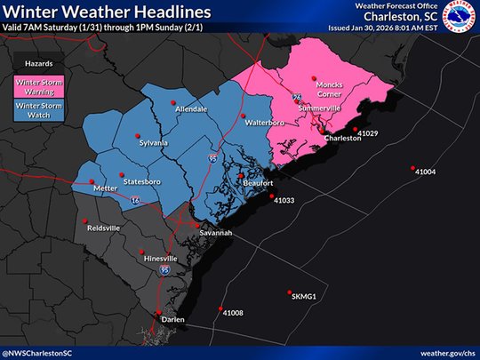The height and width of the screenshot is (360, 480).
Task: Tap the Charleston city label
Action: click(x=342, y=139)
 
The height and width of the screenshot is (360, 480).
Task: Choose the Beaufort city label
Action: click(x=257, y=183)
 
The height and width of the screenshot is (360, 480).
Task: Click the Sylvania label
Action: click(x=151, y=142)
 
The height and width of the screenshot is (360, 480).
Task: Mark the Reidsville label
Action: click(x=103, y=228)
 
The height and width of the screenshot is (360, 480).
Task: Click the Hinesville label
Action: click(x=160, y=258)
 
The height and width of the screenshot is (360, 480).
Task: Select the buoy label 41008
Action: click(x=233, y=313)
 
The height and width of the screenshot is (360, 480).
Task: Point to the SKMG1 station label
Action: click(x=304, y=296)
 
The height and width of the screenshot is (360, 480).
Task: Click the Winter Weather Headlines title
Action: click(x=107, y=12)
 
